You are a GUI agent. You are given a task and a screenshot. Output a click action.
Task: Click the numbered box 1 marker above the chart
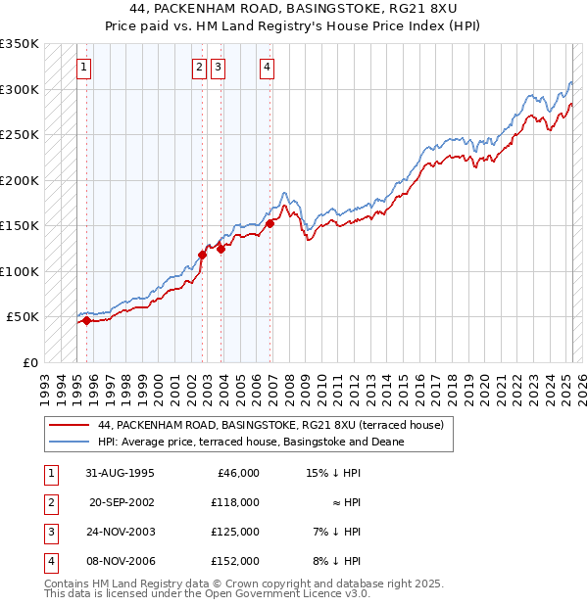click(x=84, y=68)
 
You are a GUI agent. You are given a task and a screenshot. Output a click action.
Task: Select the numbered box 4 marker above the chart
click(x=267, y=68)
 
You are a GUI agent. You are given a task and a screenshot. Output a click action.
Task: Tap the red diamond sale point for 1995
click(x=86, y=320)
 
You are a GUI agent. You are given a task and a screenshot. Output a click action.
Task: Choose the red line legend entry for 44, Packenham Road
click(x=270, y=425)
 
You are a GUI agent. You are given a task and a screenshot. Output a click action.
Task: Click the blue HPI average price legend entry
click(x=251, y=442)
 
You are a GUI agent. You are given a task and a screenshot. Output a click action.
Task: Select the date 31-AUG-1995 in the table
click(x=120, y=473)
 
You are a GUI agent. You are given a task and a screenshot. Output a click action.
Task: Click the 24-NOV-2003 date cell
click(x=120, y=532)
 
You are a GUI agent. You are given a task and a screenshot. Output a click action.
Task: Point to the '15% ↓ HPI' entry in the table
click(x=334, y=473)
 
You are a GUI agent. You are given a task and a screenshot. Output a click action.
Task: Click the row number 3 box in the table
click(x=49, y=532)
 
